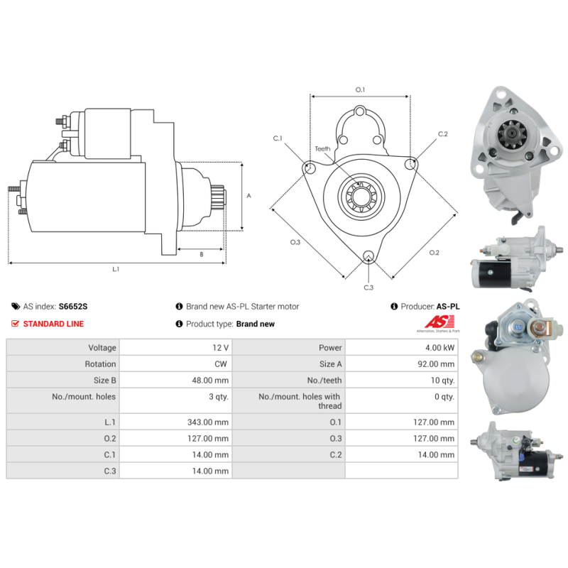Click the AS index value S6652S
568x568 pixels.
[x=73, y=307]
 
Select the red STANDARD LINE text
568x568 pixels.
[x=53, y=324]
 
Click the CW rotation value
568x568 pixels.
[x=221, y=364]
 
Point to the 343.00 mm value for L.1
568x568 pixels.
[x=208, y=422]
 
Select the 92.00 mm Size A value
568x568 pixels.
[x=436, y=364]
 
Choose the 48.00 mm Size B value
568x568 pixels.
[x=210, y=381]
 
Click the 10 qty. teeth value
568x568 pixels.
[x=442, y=381]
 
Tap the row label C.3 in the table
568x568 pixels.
[x=110, y=471]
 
